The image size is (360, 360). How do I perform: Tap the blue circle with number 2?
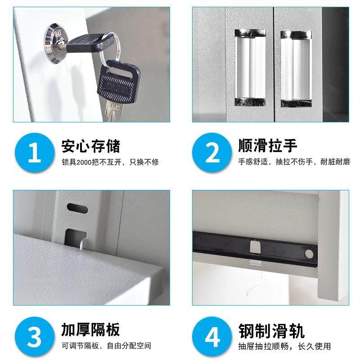(x=212, y=152)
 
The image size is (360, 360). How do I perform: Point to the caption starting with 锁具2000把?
(x=110, y=162)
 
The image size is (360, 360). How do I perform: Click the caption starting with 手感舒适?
(x=294, y=162)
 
